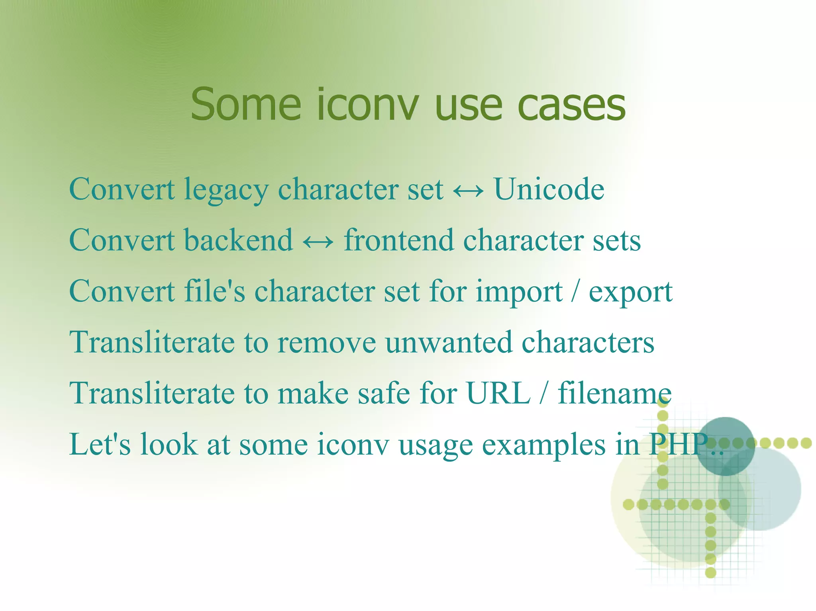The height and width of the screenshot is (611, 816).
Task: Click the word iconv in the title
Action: click(368, 105)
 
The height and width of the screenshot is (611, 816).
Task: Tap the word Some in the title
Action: click(246, 105)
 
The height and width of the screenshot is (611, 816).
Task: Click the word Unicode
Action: click(549, 189)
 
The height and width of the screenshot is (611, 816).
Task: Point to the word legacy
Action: click(226, 190)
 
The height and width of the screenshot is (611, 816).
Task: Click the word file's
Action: click(214, 291)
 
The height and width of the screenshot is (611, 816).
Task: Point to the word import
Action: click(519, 293)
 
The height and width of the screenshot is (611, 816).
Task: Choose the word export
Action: click(631, 293)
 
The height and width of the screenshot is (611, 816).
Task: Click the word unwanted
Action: click(449, 342)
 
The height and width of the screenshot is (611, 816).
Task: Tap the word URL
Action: click(498, 393)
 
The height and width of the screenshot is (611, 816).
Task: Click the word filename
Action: click(614, 393)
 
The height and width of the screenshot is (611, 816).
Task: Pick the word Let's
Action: click(100, 444)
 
